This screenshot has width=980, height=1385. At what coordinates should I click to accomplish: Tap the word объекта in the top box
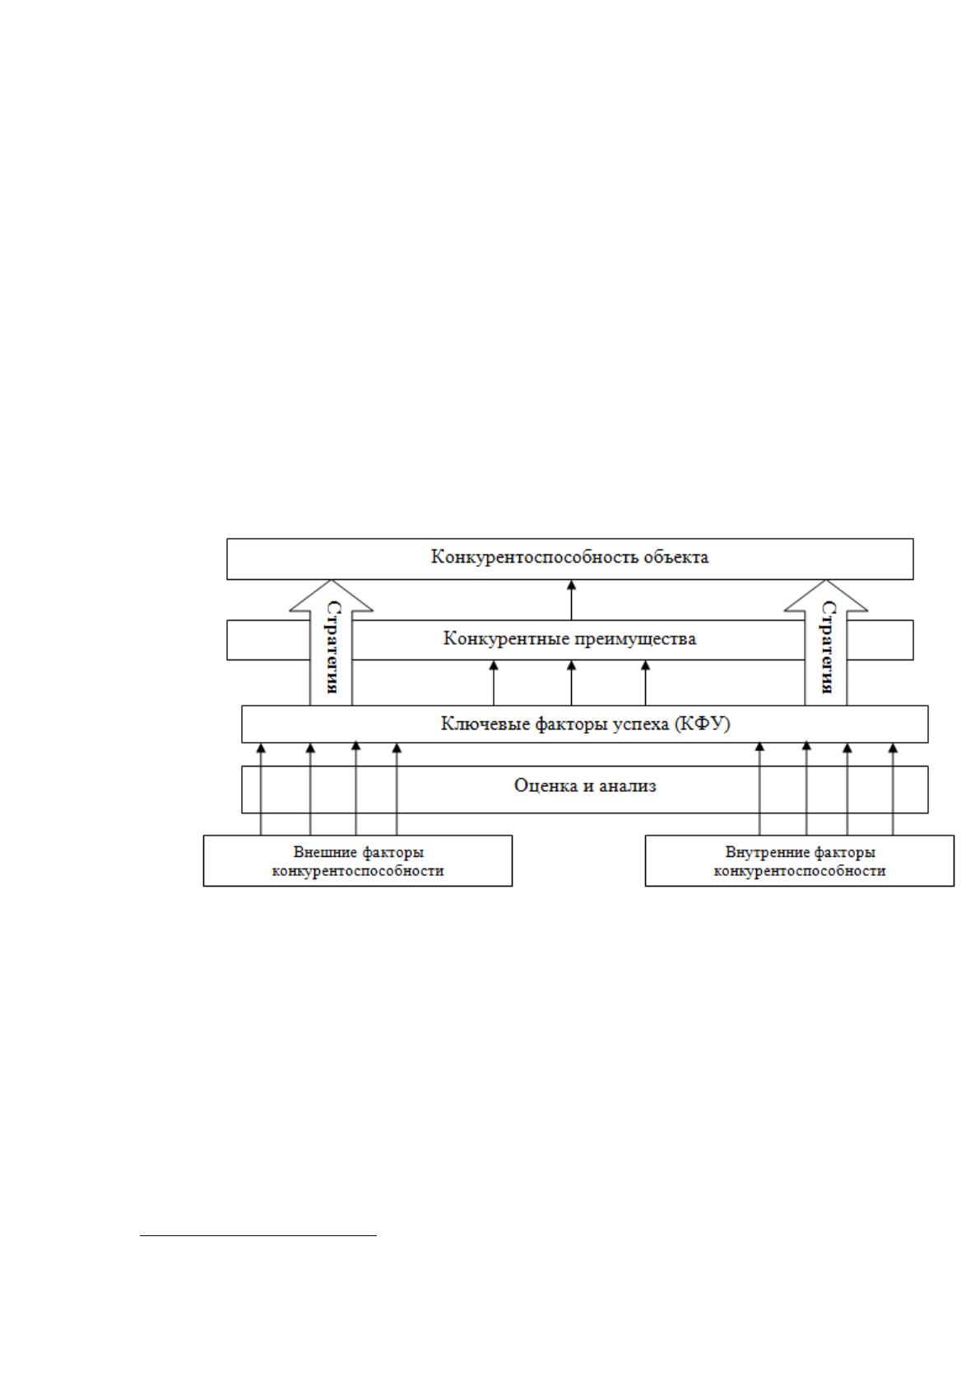676,557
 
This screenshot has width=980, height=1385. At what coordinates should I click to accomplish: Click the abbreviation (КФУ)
702,724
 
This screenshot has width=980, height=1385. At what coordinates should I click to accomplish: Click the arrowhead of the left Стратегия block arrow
331,581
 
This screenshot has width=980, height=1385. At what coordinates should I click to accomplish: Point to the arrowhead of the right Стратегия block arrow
826,581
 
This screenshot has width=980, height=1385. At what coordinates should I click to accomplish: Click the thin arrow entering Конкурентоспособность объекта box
572,600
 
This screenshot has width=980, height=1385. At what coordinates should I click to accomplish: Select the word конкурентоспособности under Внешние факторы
358,871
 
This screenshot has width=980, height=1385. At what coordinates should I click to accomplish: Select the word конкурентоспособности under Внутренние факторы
799,871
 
